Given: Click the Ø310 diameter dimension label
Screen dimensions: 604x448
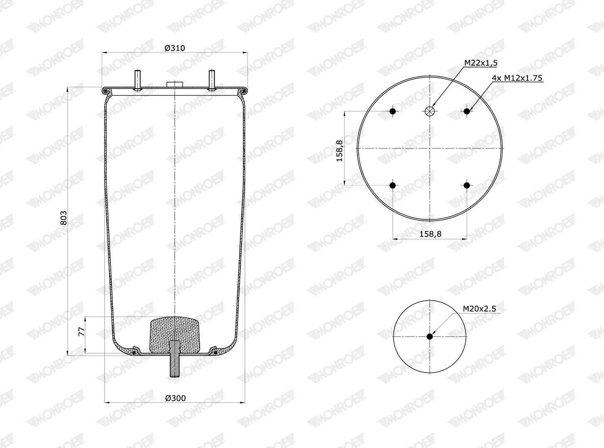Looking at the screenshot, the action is click(x=174, y=48).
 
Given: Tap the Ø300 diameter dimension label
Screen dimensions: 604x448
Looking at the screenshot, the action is click(x=175, y=398).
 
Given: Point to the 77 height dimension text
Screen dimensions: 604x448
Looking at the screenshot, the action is click(x=81, y=331).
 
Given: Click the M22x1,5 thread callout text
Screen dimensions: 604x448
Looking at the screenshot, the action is click(x=481, y=63).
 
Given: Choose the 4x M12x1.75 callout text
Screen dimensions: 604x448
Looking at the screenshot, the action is click(x=517, y=78).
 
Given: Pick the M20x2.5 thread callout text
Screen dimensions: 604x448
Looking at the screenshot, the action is click(x=479, y=309).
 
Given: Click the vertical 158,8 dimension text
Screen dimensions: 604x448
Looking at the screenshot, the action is click(x=339, y=151).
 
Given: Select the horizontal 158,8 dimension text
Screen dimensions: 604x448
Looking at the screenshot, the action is click(x=430, y=234).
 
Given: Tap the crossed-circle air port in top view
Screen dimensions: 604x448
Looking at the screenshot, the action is click(x=430, y=111).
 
